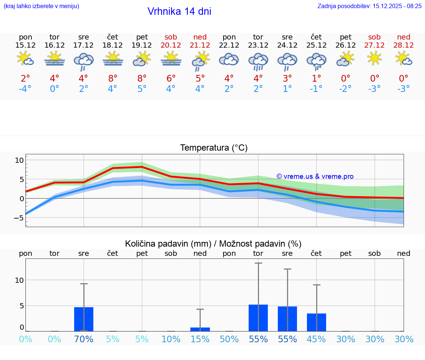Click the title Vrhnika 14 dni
click(x=179, y=11)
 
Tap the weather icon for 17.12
click(x=84, y=61)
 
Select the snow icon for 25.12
click(x=317, y=61)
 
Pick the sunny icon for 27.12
click(x=374, y=58)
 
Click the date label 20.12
click(x=171, y=45)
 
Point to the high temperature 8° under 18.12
click(x=113, y=78)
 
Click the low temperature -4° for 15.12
click(x=25, y=89)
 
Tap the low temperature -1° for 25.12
click(x=316, y=89)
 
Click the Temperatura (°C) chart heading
click(x=214, y=148)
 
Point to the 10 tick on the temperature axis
click(x=19, y=160)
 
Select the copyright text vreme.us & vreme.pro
click(x=315, y=176)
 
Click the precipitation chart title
click(x=213, y=244)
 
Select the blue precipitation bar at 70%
click(x=84, y=319)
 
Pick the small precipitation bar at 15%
click(x=200, y=329)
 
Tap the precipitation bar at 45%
click(x=317, y=322)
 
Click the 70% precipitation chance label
click(x=84, y=339)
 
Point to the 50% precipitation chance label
click(x=229, y=339)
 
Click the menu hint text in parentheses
click(x=41, y=6)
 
